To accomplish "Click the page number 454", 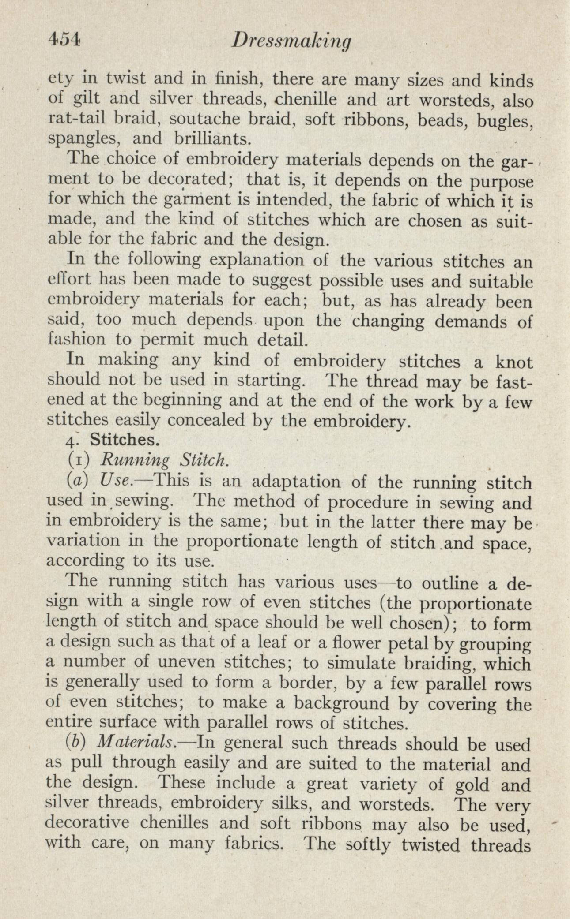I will pos(64,41).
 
